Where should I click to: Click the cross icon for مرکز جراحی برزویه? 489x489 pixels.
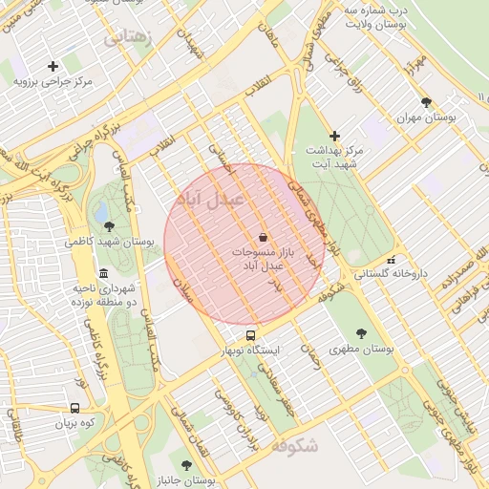click(53, 66)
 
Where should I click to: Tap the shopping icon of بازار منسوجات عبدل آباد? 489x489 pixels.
click(263, 236)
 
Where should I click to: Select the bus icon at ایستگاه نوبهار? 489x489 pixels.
click(250, 335)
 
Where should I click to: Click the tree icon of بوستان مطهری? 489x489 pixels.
click(360, 333)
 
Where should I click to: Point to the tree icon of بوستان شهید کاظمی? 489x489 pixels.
click(110, 226)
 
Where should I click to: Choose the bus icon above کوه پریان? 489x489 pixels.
click(75, 407)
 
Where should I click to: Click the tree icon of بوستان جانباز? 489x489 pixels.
click(186, 465)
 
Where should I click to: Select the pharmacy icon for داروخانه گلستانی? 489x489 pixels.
click(390, 260)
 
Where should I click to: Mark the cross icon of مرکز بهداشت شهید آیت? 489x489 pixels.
click(334, 136)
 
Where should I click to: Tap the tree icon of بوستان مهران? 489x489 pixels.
click(426, 101)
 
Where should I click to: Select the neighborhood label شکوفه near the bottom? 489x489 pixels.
click(293, 446)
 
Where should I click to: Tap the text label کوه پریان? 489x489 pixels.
click(76, 422)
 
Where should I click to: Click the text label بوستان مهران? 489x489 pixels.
click(426, 117)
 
